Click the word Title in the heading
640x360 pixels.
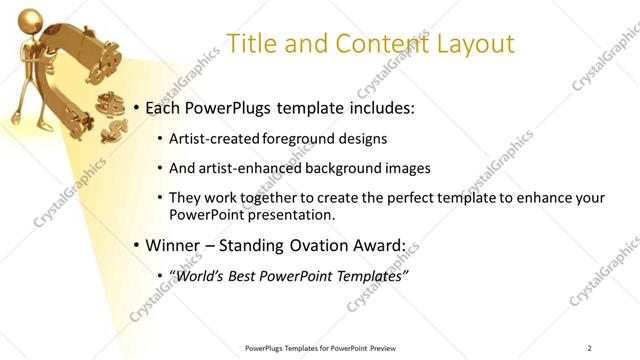(x=251, y=44)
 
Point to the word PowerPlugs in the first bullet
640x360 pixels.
(x=229, y=108)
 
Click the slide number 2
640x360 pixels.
(x=590, y=347)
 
